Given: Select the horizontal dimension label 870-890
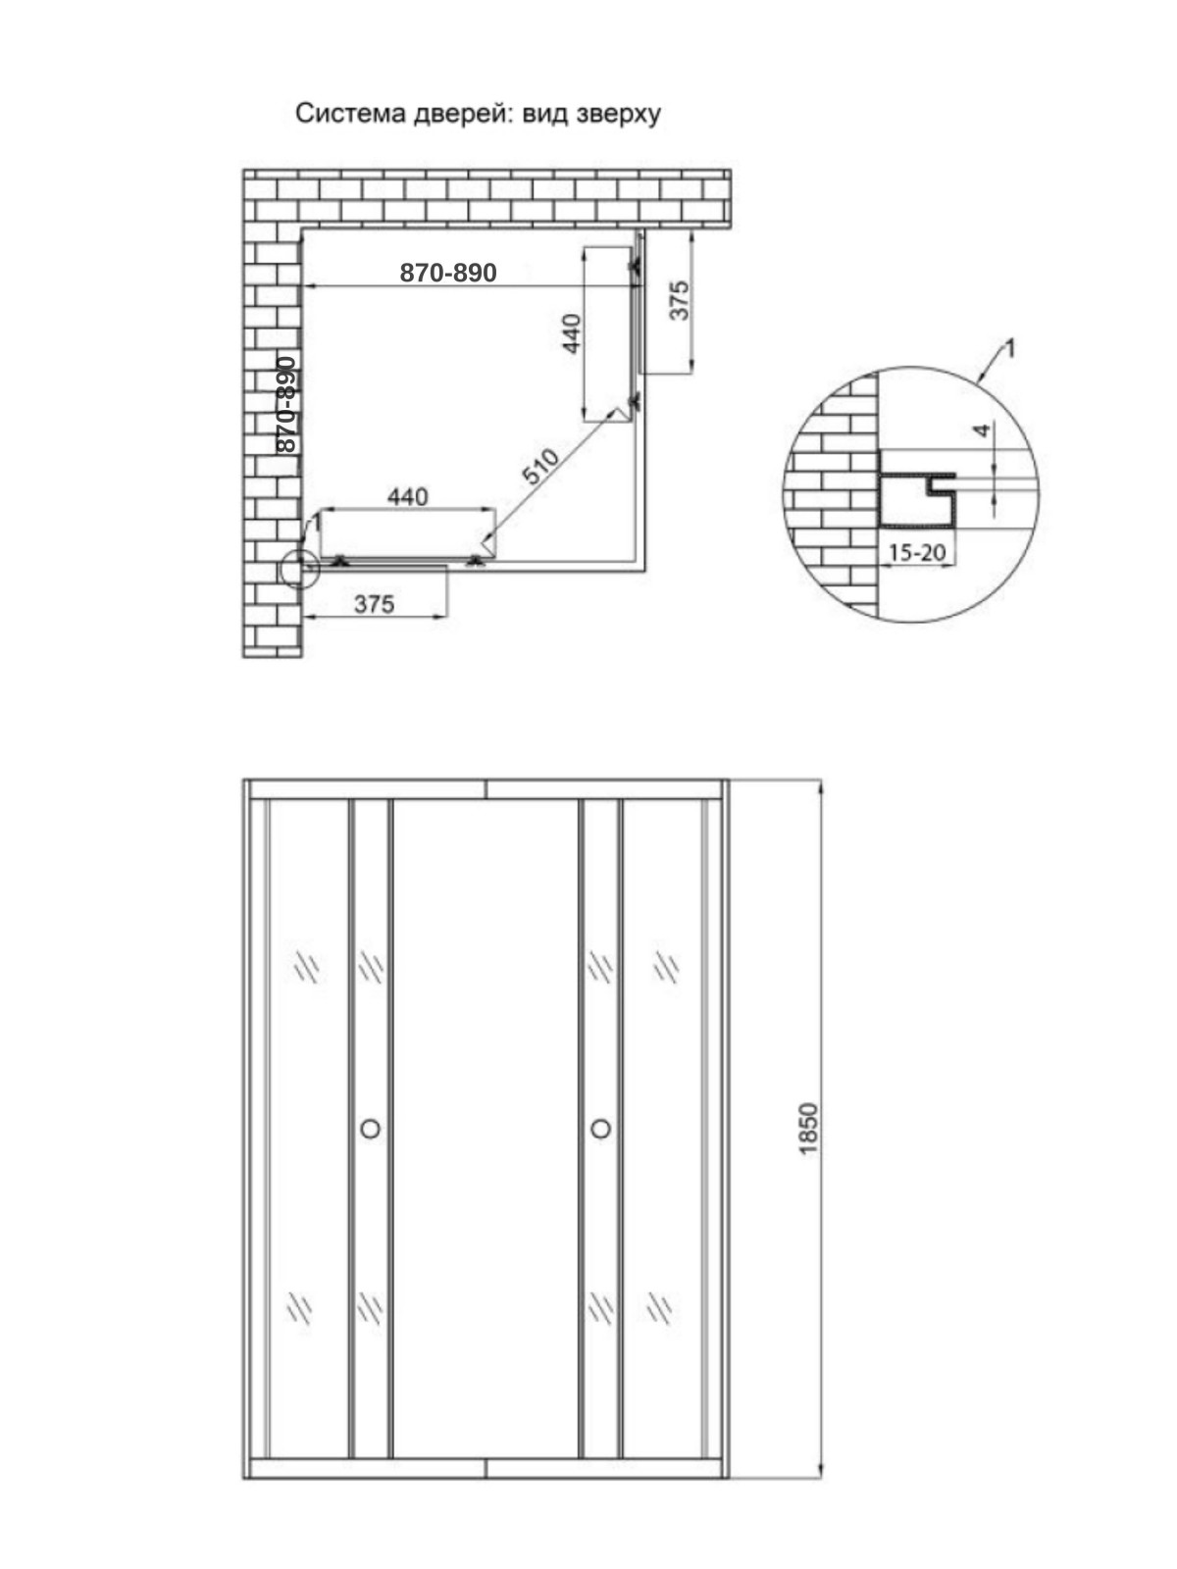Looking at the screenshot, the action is coord(448,273).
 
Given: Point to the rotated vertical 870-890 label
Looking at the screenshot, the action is coord(286,405).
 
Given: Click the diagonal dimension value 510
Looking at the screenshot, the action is coord(540,466).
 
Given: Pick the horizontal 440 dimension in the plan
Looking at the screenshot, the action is coord(407,496).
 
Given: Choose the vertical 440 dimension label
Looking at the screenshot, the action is coord(572,333).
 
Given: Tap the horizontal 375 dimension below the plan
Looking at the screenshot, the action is coord(375,605).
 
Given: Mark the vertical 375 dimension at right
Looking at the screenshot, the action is coord(681,300).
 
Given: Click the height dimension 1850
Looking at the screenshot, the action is coord(808,1129).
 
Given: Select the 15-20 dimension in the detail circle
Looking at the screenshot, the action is coord(917,552).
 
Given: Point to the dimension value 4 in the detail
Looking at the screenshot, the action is coord(984,430).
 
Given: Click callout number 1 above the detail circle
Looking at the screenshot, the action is coord(1010,349).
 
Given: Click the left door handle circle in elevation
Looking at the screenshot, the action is coord(370,1129).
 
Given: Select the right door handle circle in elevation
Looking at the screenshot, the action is coord(601,1129).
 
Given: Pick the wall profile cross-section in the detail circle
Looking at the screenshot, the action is coord(917,501).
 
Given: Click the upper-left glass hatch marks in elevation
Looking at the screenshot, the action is coord(308,969).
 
